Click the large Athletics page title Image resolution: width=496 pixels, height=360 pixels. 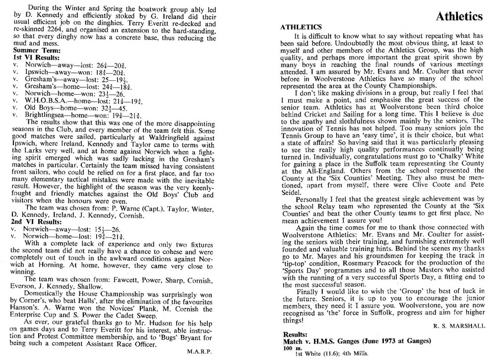click(x=459, y=17)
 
